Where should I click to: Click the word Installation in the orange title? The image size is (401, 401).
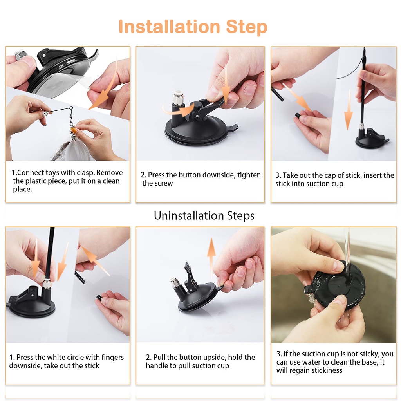click(x=169, y=27)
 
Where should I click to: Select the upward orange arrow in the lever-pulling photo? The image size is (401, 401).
click(x=211, y=257)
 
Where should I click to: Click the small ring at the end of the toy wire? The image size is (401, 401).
click(x=71, y=108)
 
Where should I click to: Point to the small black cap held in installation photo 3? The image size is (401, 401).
click(x=298, y=116)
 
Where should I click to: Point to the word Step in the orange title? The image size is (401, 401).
click(x=247, y=27)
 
